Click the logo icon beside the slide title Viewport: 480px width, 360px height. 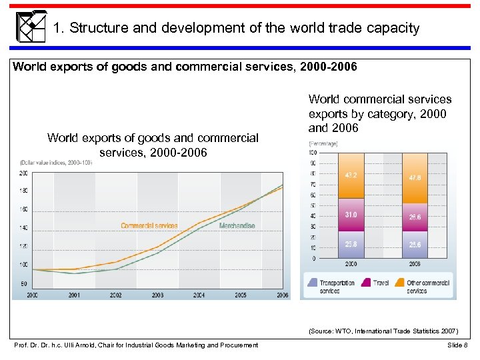(31, 27)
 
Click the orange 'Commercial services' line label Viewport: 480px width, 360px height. (149, 226)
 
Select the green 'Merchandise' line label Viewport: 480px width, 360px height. (237, 226)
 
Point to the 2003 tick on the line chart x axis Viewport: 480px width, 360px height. (157, 295)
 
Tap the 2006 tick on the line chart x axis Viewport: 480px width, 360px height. (282, 295)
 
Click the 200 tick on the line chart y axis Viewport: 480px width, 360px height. (23, 173)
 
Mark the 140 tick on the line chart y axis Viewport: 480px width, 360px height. (23, 228)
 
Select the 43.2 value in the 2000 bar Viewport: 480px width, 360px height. (351, 176)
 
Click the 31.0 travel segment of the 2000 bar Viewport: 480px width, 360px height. (351, 215)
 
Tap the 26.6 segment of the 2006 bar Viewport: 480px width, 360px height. (415, 217)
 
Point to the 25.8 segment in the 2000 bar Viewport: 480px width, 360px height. (351, 244)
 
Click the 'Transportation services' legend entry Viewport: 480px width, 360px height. (337, 287)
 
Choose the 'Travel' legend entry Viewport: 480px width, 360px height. (381, 283)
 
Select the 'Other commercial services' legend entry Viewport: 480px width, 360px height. (427, 287)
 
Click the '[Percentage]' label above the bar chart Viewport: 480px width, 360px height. (323, 143)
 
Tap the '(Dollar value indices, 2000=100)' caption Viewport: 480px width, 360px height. (56, 162)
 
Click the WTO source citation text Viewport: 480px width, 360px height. (383, 330)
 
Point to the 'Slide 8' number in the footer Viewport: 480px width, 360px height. (458, 345)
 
